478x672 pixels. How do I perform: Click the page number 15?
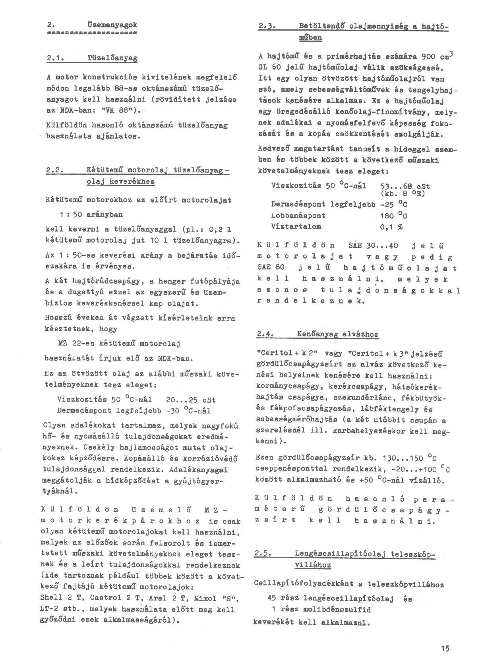click(x=445, y=649)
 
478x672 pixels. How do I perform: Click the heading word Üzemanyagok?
click(x=112, y=25)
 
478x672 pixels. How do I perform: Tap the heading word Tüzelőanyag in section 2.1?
click(x=112, y=58)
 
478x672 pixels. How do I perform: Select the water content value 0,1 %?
click(x=391, y=227)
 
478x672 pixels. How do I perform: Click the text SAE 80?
click(x=269, y=268)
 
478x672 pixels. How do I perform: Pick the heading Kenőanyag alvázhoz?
click(x=337, y=334)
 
